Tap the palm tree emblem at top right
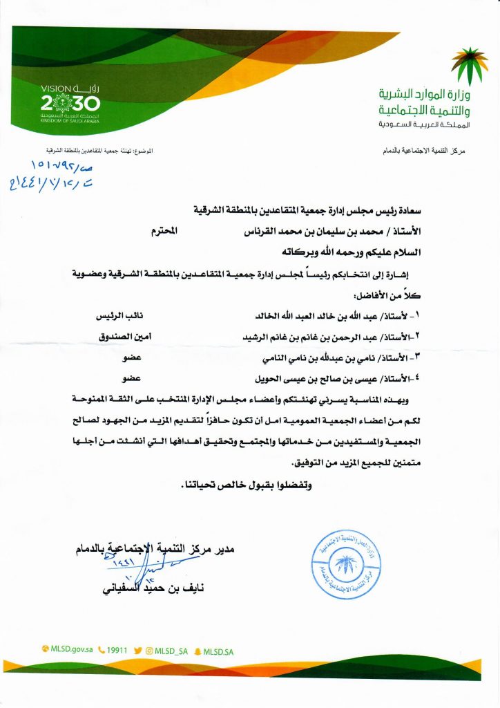tap(469, 66)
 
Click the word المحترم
tap(166, 233)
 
